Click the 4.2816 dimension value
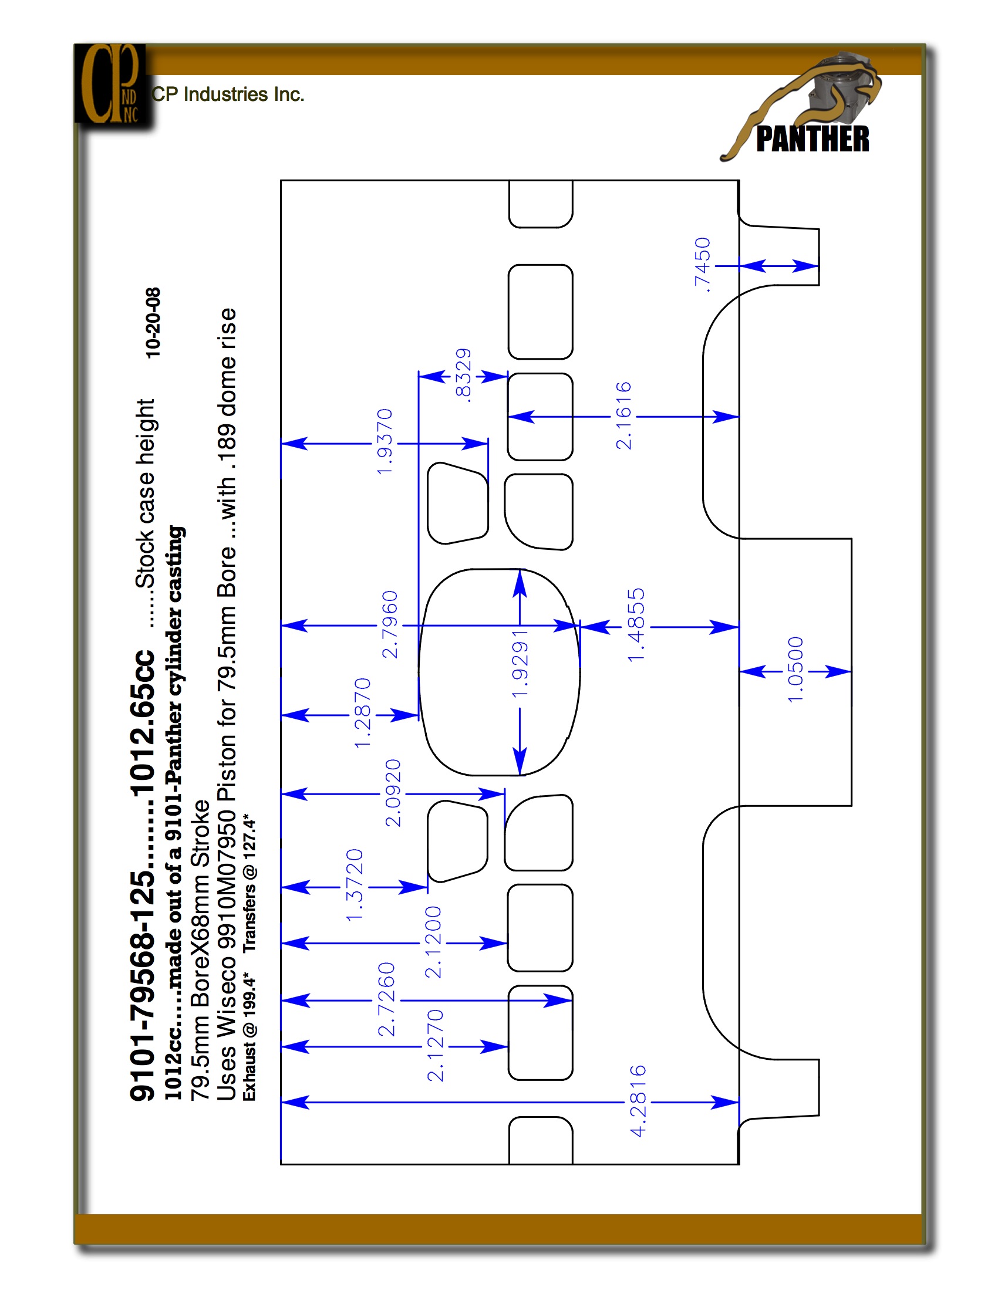coord(638,1101)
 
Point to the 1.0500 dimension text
coord(795,669)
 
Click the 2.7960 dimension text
coord(390,624)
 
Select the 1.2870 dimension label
coord(362,713)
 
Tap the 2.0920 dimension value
coord(393,793)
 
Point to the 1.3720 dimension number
coord(354,885)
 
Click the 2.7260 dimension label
coord(386,999)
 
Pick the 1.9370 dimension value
coord(385,441)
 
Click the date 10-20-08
coord(153,323)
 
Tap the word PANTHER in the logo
coord(812,139)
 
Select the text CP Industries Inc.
coord(228,94)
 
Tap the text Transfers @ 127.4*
coord(249,884)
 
